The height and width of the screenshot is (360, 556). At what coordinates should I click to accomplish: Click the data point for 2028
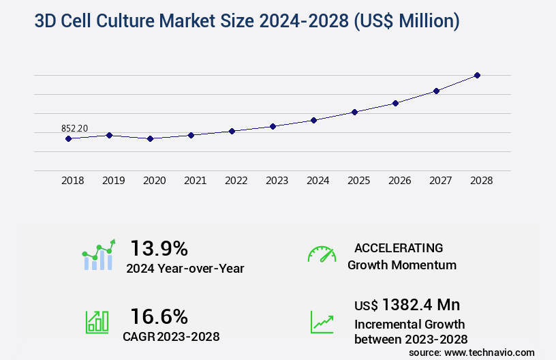[x=477, y=75]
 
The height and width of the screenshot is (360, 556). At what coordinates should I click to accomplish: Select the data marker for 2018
[x=68, y=138]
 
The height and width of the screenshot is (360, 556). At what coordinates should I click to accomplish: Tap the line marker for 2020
[x=150, y=138]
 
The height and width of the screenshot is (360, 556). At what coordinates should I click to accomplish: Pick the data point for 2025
[x=354, y=112]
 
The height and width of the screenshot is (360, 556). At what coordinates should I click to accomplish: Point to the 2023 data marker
[x=273, y=126]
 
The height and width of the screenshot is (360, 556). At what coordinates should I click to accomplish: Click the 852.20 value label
[x=74, y=128]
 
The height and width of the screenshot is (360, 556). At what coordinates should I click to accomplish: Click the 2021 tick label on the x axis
[x=195, y=181]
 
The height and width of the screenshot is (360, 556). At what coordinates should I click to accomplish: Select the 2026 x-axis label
[x=399, y=181]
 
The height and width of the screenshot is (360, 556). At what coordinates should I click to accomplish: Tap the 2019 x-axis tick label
[x=113, y=181]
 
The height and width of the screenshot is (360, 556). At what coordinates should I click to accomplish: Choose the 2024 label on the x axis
[x=318, y=181]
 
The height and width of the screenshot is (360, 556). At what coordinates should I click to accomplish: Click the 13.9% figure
[x=159, y=248]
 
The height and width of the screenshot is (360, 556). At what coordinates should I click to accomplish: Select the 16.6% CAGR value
[x=159, y=316]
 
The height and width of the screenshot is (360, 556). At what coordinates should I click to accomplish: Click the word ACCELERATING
[x=399, y=247]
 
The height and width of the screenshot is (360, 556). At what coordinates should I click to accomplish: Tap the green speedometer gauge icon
[x=322, y=254]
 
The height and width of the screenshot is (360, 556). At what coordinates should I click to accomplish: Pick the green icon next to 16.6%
[x=97, y=322]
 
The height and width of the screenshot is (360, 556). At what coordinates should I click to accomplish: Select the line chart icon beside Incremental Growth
[x=322, y=322]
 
